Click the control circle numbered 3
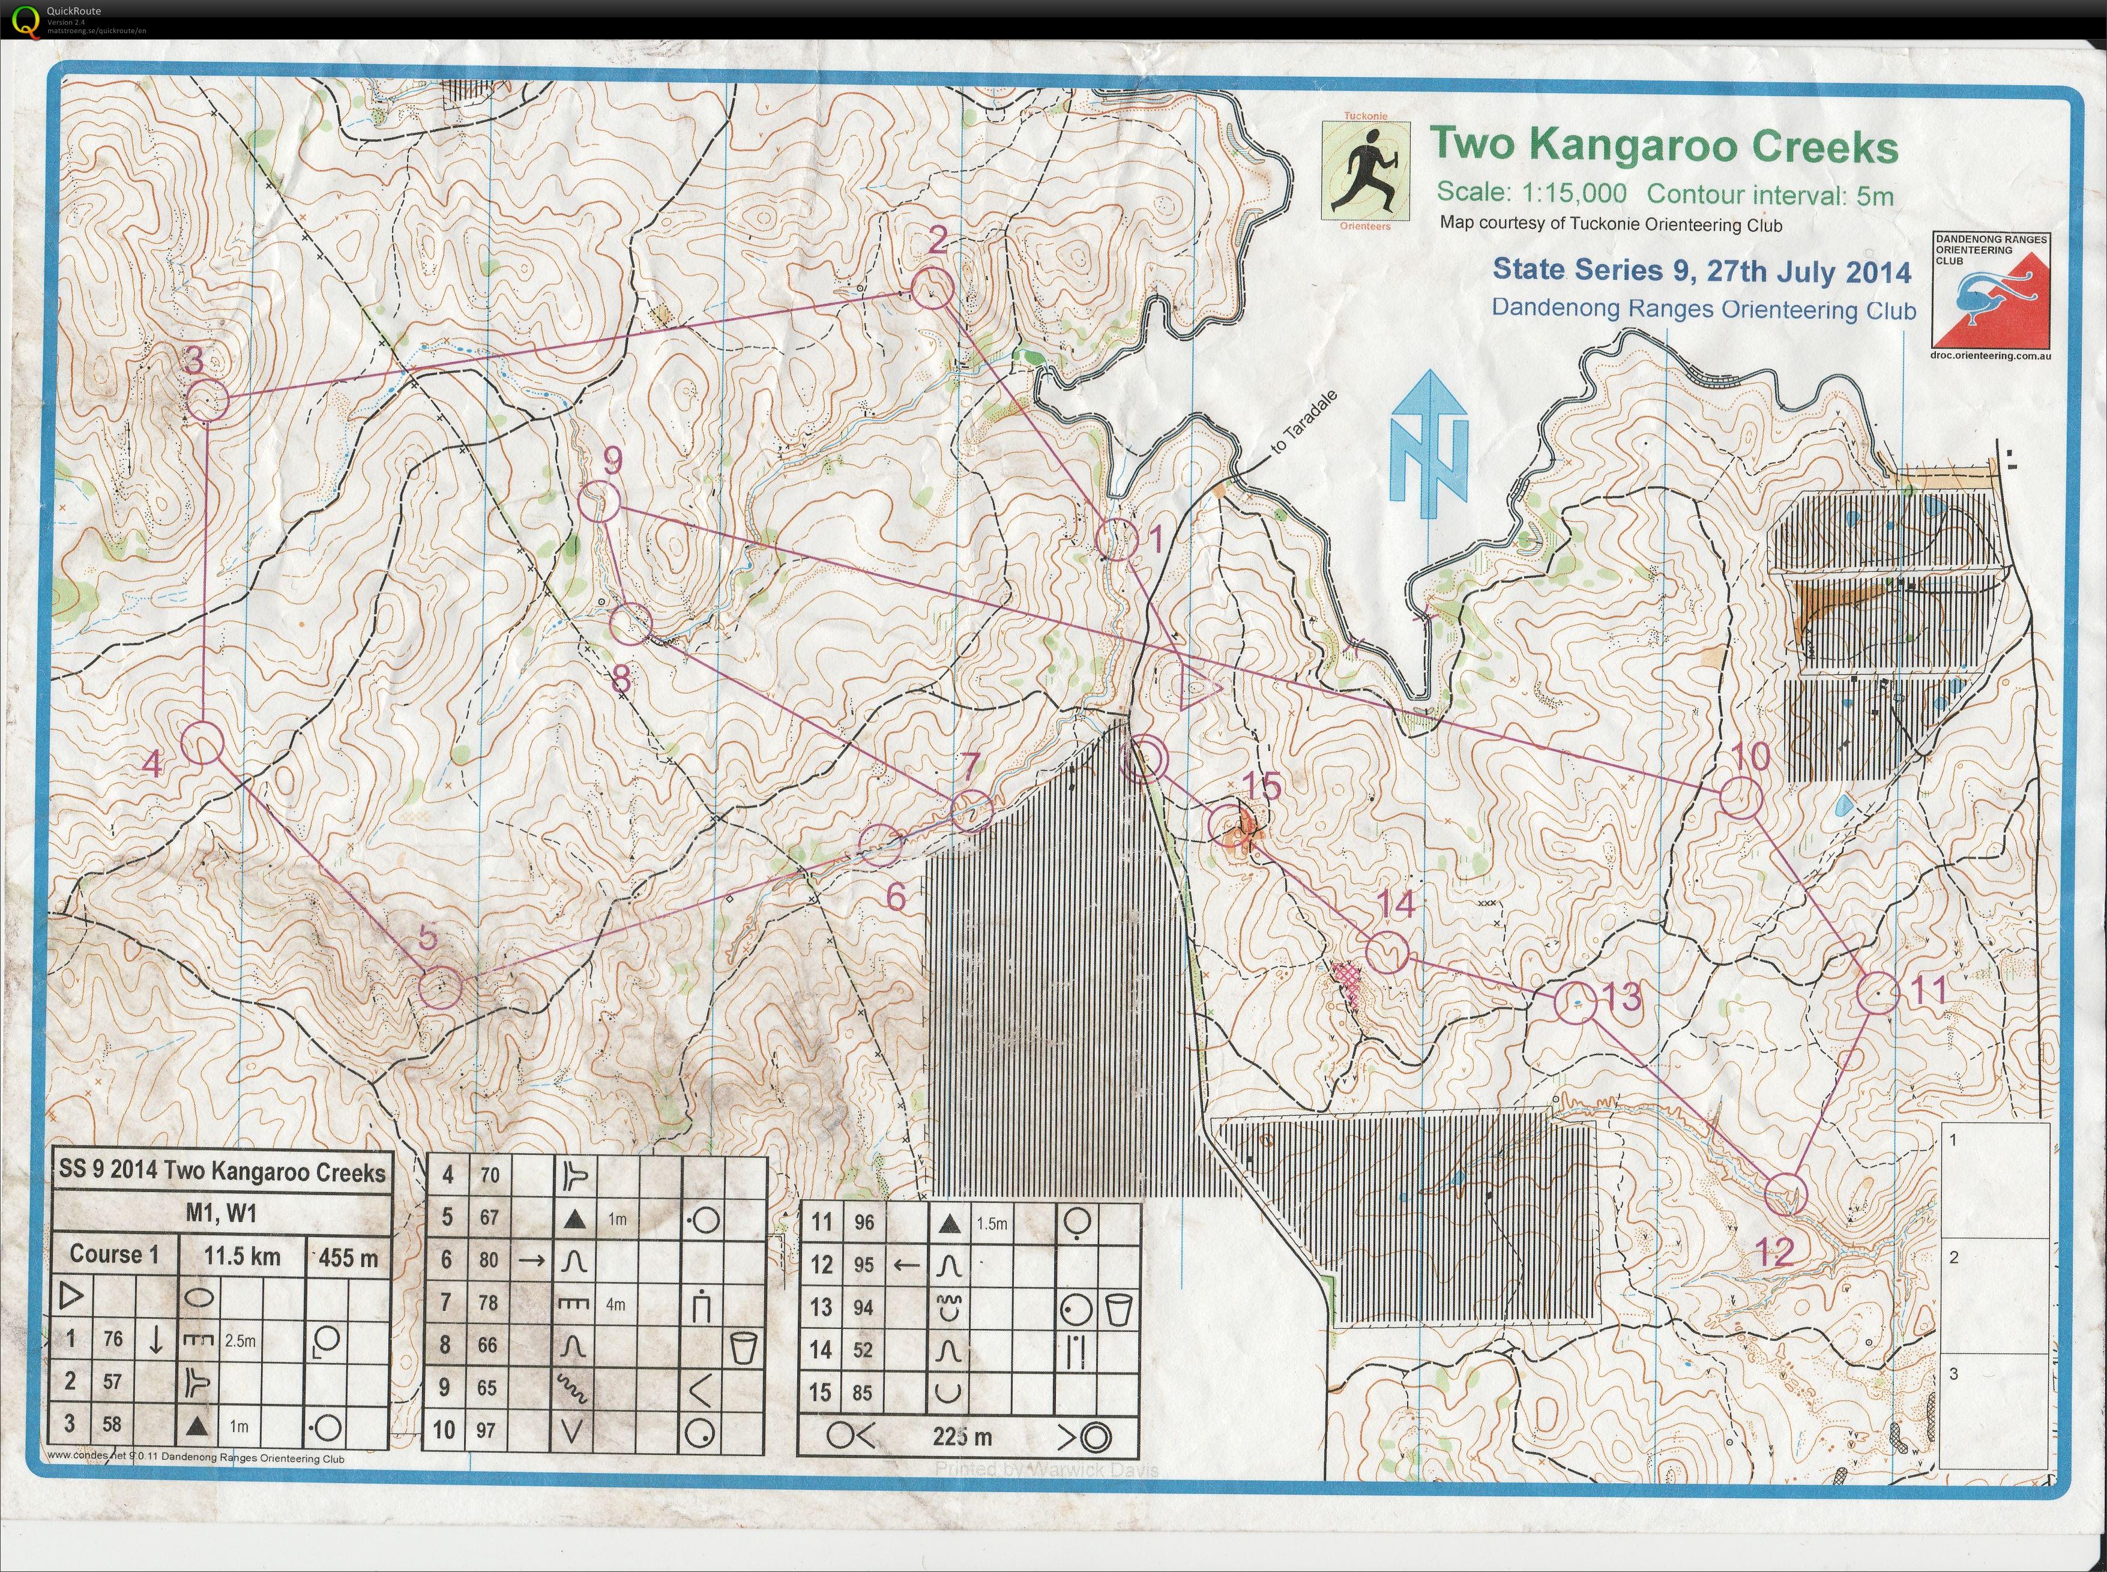206,400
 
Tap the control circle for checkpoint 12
1785,1193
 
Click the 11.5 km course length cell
242,1256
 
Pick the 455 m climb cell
348,1258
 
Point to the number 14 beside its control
1396,904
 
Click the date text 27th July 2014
1808,271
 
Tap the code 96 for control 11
863,1223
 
